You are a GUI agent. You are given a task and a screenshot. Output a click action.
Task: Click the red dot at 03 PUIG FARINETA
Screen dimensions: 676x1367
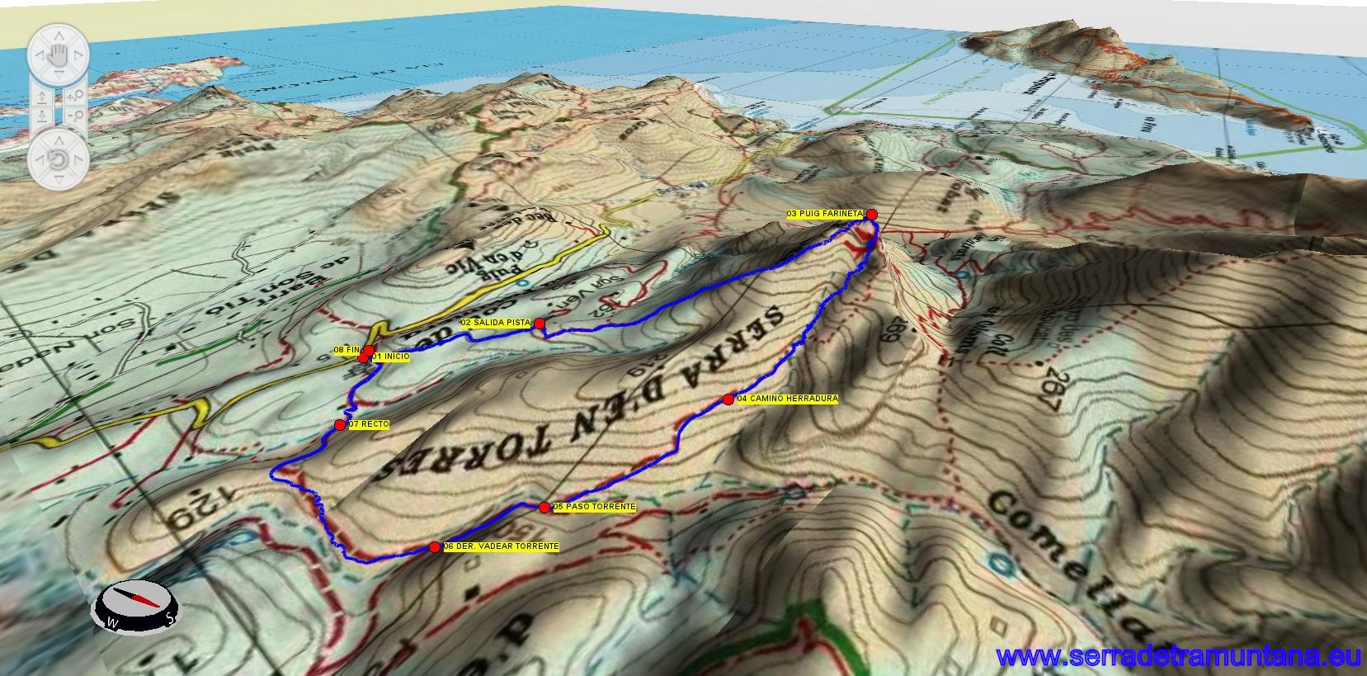[x=872, y=215]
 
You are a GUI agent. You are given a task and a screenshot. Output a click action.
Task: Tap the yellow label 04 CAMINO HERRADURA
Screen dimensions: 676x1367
[x=787, y=399]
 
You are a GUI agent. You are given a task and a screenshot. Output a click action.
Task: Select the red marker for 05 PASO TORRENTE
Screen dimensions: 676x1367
[x=544, y=508]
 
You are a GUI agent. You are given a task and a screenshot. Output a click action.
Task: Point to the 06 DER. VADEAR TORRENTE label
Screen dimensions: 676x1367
[x=501, y=546]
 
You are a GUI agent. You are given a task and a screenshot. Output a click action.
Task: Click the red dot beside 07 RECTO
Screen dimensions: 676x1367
[x=340, y=424]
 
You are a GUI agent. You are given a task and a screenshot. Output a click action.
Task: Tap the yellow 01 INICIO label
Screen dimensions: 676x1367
[x=389, y=357]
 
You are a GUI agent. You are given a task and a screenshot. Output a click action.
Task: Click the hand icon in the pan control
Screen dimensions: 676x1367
[x=56, y=55]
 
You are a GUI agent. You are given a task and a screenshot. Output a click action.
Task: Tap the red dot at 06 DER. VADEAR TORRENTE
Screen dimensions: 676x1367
[x=435, y=546]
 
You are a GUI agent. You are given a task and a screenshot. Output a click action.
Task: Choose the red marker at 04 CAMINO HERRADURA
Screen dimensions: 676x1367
[x=728, y=399]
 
